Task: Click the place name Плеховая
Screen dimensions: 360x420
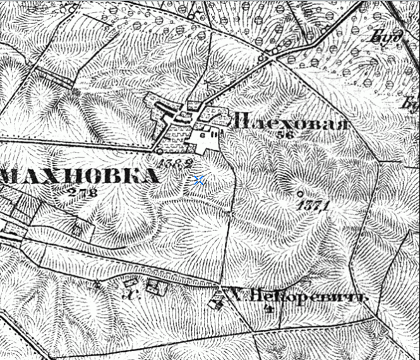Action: (290, 122)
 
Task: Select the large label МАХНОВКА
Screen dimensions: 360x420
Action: (79, 176)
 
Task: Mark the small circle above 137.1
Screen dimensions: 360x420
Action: (300, 193)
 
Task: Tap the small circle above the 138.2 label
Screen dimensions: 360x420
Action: (160, 152)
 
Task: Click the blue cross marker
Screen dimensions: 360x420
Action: (199, 181)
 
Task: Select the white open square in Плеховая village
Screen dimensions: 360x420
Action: (205, 142)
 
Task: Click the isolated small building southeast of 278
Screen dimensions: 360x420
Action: (77, 228)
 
